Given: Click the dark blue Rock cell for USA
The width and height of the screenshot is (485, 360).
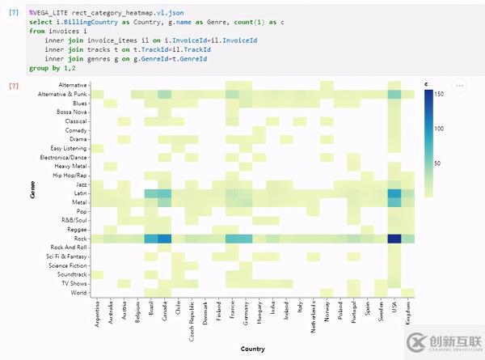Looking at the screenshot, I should [x=394, y=239].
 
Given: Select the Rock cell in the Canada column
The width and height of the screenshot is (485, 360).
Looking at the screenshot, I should [x=165, y=239].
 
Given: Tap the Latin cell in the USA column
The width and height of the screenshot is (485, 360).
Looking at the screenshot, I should [x=394, y=193].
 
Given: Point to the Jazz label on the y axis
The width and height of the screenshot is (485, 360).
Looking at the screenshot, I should [x=80, y=184].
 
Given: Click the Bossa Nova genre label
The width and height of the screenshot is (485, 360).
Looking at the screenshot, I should [x=72, y=112].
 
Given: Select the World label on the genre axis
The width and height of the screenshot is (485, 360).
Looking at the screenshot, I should [x=78, y=293].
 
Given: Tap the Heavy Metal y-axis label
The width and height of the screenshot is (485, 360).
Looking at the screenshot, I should [x=70, y=166].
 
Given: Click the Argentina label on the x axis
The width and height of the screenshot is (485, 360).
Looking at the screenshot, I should [x=97, y=315].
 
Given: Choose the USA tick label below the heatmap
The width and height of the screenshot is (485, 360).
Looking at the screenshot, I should [x=394, y=307].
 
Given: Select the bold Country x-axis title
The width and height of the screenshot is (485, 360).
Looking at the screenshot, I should [x=253, y=349].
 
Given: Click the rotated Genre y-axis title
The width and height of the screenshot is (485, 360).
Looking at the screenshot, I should [x=32, y=188].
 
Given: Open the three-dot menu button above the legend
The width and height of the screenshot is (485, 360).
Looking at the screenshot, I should [x=459, y=85].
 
